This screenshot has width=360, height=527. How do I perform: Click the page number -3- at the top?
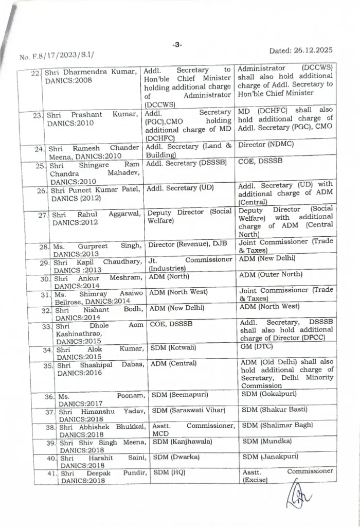177,45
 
